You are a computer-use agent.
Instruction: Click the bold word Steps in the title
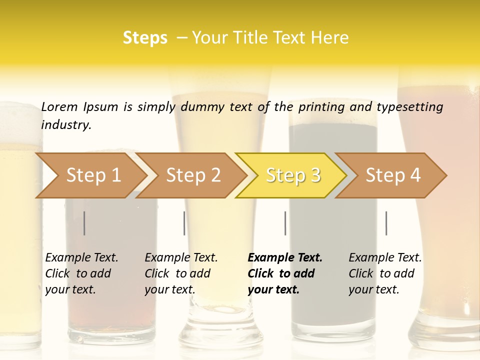(x=145, y=38)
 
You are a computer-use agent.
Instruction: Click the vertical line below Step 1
(x=84, y=223)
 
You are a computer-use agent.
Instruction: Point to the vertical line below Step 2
(x=184, y=223)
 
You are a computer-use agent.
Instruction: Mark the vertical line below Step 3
(x=285, y=223)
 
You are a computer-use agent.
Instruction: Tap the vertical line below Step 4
(x=386, y=223)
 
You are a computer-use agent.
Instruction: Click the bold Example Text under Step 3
(x=285, y=273)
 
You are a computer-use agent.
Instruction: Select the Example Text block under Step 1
(x=81, y=273)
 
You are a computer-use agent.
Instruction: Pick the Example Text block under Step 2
(x=181, y=273)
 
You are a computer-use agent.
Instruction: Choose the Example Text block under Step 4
(x=385, y=273)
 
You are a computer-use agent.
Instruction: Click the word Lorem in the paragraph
(x=59, y=106)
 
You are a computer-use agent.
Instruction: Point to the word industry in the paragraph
(x=66, y=124)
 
